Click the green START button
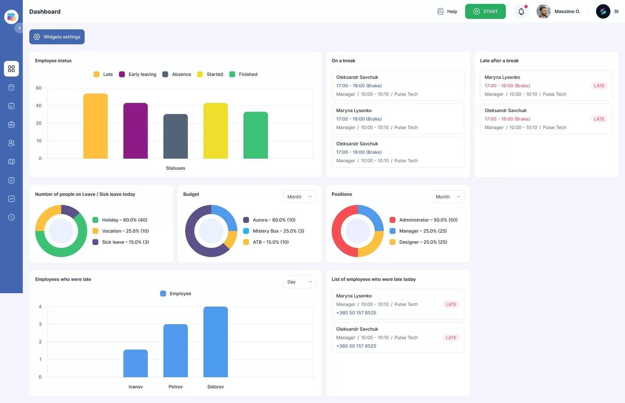click(485, 11)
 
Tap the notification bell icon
click(521, 12)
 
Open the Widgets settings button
click(57, 37)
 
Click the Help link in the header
click(447, 11)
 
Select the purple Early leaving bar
click(135, 131)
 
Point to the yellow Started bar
click(215, 131)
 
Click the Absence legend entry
click(177, 74)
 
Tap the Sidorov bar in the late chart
click(215, 342)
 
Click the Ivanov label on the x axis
click(136, 387)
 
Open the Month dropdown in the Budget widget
click(300, 197)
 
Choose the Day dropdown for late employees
click(300, 282)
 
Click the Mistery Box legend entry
click(274, 231)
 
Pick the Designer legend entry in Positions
click(418, 242)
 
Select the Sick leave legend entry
click(121, 242)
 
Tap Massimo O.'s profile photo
click(543, 11)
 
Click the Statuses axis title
click(175, 168)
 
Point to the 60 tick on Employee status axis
click(39, 88)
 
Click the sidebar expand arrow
click(19, 28)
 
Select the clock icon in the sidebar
click(11, 217)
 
